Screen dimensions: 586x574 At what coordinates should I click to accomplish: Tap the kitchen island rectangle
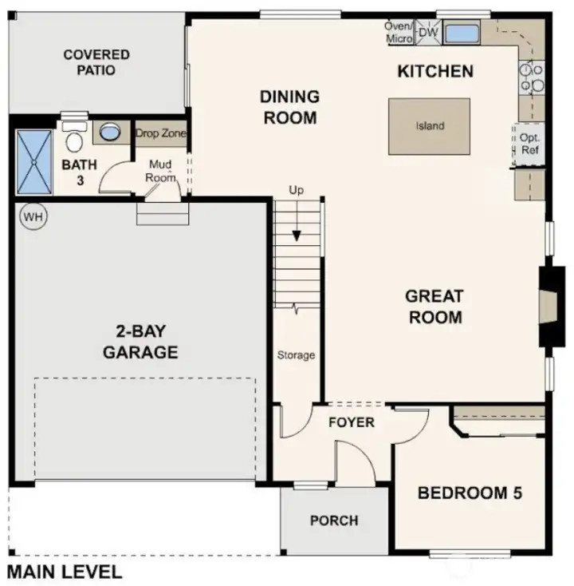429,126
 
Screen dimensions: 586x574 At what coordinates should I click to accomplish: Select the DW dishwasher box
429,33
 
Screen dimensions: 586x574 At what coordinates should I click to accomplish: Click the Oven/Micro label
399,32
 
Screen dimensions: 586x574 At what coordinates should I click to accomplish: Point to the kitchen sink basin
460,34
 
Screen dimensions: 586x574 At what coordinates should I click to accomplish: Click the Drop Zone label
160,133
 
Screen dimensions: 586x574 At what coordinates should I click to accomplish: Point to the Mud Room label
160,171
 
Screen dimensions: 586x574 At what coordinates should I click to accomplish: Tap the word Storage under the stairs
296,355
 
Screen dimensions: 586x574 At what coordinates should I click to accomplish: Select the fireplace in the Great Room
551,306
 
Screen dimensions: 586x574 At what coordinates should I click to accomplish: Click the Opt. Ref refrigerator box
529,144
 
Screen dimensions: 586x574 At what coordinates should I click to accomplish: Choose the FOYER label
351,422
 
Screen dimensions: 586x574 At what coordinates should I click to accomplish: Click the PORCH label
334,521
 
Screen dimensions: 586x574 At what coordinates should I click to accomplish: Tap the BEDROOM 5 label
470,493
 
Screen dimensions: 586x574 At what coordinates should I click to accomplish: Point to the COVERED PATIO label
96,62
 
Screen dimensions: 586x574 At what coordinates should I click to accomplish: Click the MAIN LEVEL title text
65,572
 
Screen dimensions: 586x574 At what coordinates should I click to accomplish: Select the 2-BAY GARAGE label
140,342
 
